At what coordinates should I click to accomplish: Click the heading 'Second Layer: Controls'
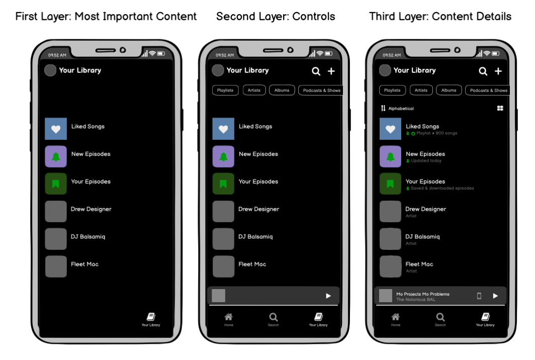coord(276,17)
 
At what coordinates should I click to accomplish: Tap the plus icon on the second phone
coord(331,71)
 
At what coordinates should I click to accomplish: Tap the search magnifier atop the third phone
coord(483,71)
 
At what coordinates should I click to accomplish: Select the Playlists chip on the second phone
coord(225,91)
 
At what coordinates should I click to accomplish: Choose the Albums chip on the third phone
coord(449,91)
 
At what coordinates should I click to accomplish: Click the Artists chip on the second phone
coord(254,91)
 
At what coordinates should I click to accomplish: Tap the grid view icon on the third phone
coord(500,108)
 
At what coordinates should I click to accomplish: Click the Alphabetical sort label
coord(401,109)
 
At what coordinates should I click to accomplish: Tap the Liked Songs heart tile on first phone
coord(56,129)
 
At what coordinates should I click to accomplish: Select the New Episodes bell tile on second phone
coord(223,156)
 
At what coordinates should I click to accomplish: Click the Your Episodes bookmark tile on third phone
coord(390,184)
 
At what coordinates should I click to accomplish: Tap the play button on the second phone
coord(328,296)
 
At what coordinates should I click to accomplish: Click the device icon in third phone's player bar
coord(479,296)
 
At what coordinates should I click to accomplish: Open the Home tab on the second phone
coord(229,318)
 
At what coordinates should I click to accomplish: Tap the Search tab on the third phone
coord(440,318)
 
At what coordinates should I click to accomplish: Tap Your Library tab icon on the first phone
coord(151,317)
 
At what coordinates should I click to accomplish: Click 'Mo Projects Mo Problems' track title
coord(423,294)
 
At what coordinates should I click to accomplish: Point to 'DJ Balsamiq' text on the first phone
coord(88,237)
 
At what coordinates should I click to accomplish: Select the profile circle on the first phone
coord(50,70)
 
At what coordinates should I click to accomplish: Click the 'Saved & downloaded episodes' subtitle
coord(442,189)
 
